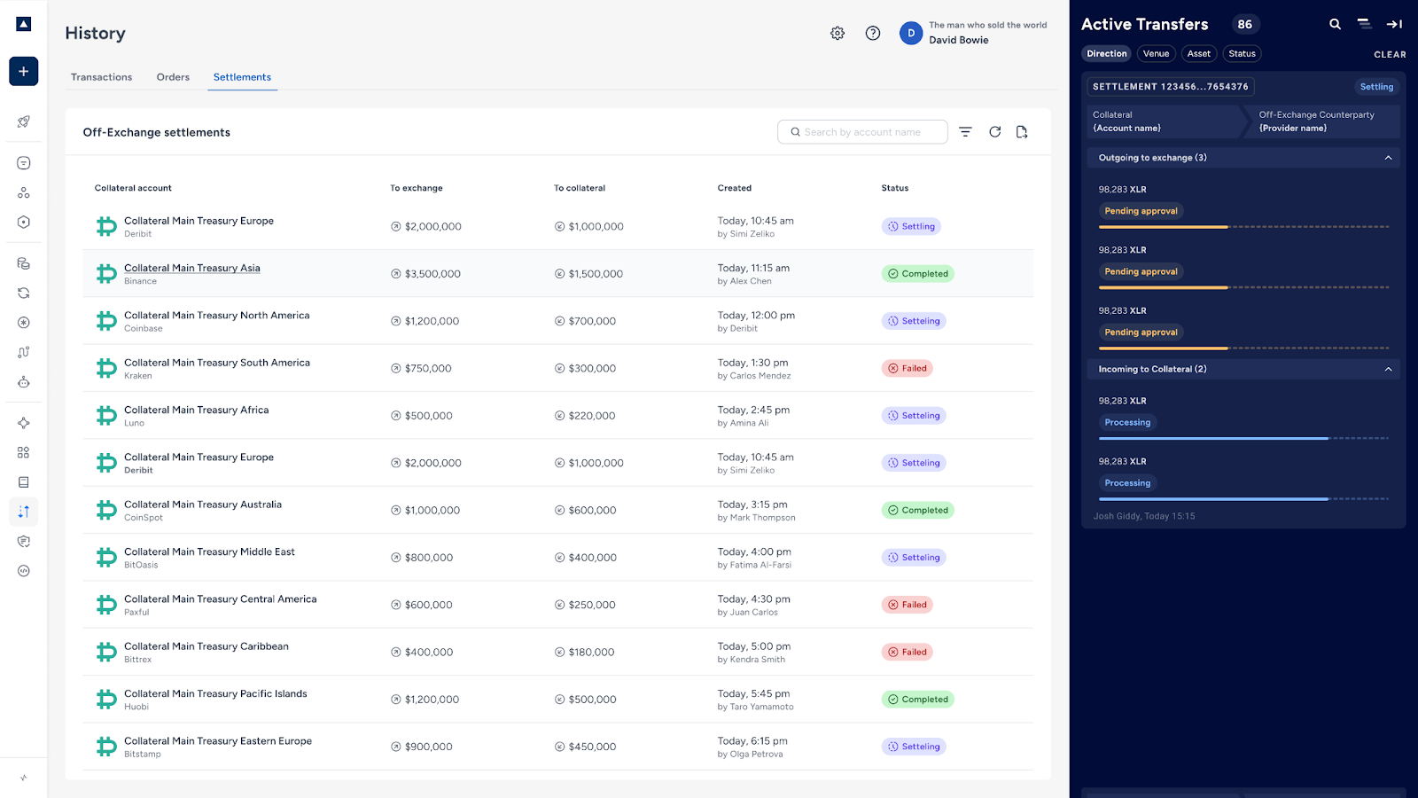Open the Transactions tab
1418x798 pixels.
coord(101,76)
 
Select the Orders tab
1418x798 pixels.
coord(173,76)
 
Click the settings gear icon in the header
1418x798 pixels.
coord(838,33)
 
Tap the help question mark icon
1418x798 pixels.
coord(873,33)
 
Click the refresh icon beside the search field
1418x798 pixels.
coord(994,132)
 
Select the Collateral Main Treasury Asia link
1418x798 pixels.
coord(191,268)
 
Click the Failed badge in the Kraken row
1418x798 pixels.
coord(907,368)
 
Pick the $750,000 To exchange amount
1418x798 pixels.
coord(428,368)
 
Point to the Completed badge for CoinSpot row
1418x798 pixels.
coord(917,510)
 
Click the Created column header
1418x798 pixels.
coord(735,187)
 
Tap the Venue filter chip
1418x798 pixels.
coord(1156,53)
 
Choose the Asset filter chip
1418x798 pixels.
coord(1198,53)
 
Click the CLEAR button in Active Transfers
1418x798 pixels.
coord(1390,54)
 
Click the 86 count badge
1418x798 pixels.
coord(1244,24)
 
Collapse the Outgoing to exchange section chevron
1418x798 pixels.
coord(1388,158)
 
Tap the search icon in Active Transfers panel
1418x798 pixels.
coord(1335,24)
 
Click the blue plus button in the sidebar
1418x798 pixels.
coord(23,72)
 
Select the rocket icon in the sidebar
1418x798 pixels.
coord(23,121)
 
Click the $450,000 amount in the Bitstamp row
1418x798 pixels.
coord(592,747)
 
